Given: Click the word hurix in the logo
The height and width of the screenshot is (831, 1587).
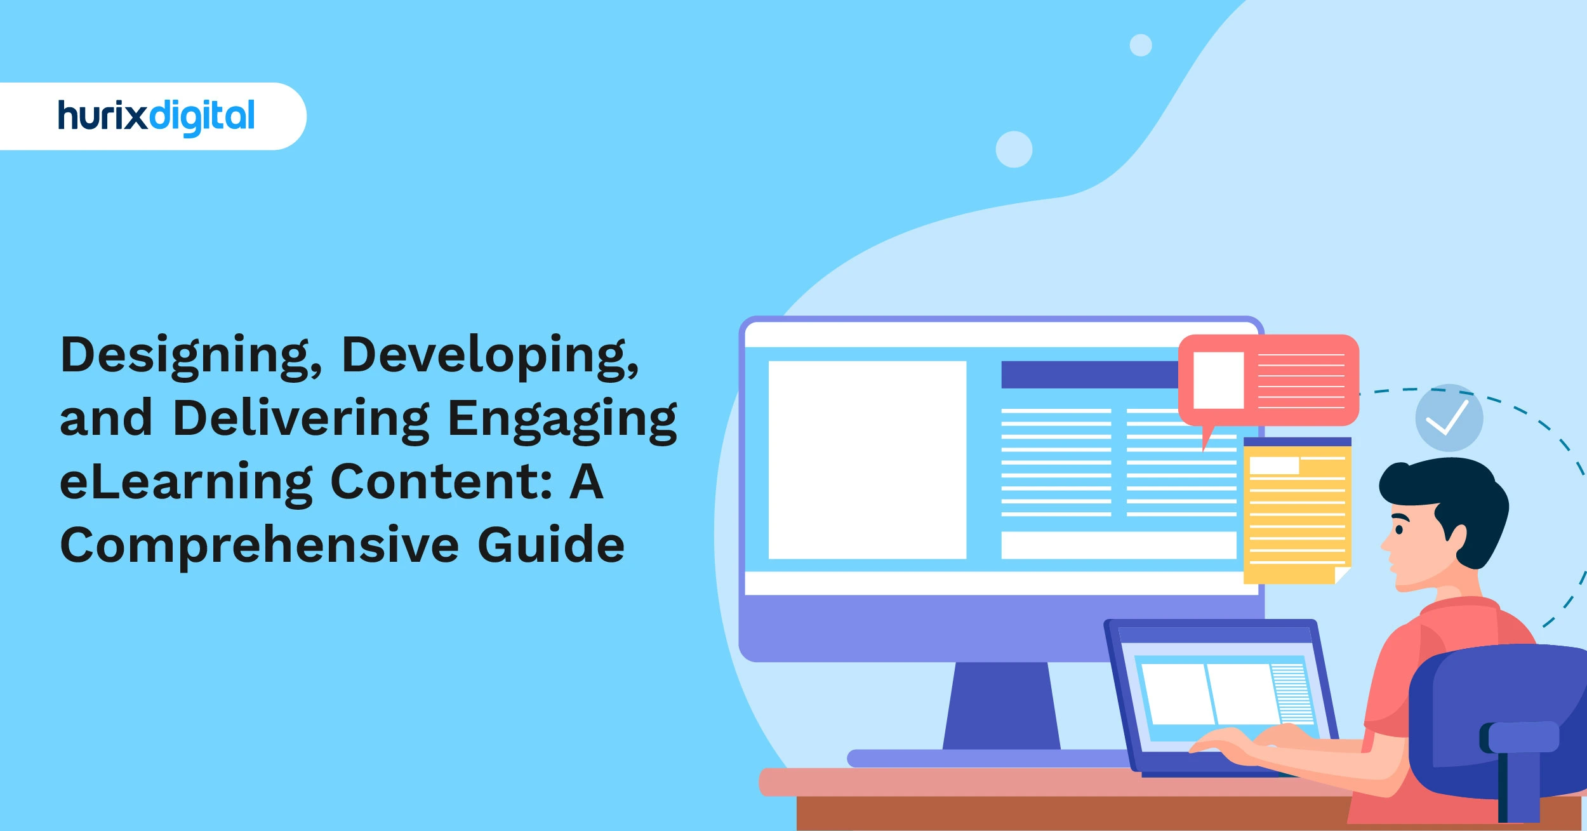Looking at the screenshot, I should pos(102,116).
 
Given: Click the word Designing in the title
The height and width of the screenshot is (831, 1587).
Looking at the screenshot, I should pos(190,356).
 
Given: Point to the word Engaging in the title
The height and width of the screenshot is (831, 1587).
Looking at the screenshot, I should pos(562,420).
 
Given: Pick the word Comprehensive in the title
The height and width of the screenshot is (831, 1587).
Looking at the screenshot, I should pos(259,545).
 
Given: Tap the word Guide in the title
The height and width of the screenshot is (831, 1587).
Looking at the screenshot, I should pos(550,545).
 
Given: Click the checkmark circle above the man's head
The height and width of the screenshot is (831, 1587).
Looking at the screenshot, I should pos(1449,418).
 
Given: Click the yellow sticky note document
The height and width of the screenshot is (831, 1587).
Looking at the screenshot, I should pos(1297,512).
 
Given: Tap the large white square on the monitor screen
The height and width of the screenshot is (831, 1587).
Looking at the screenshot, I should pos(867,460).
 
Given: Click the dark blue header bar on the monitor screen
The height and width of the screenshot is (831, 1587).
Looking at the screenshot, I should pos(1089,375).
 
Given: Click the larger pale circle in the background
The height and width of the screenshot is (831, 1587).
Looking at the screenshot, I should pos(1014,150).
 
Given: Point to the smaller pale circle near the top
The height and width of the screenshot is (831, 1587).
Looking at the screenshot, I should pos(1141,46).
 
